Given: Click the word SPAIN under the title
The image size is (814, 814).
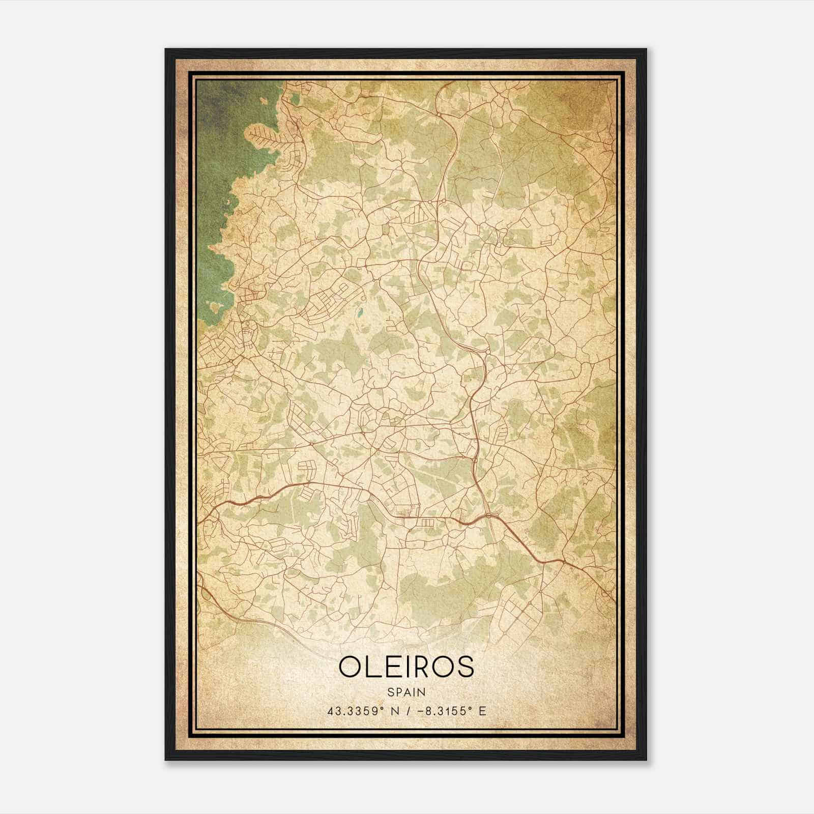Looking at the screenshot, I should click(406, 692).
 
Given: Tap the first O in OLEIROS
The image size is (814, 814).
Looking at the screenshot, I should click(351, 667).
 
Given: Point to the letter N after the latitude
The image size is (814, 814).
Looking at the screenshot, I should click(393, 711).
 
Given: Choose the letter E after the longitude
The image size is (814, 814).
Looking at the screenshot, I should click(483, 711).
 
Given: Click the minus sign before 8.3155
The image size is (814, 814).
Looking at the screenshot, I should click(420, 711).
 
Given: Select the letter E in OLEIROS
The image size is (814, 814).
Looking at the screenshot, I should click(394, 667).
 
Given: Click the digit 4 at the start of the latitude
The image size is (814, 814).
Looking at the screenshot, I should click(331, 711).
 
